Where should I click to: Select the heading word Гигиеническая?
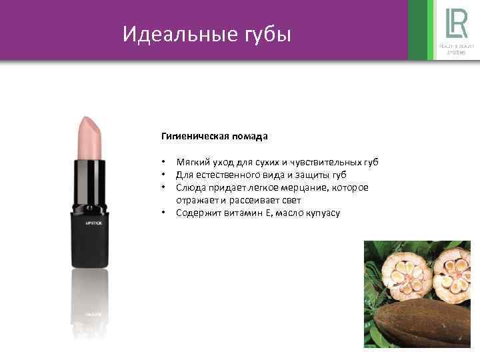[194, 136]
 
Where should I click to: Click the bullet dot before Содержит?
[163, 213]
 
